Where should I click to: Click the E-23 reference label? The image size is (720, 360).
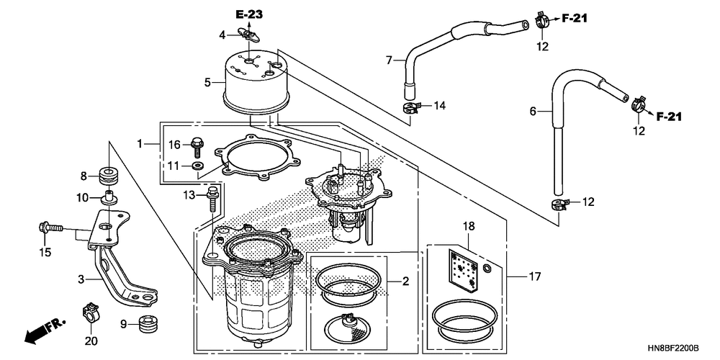(x=249, y=14)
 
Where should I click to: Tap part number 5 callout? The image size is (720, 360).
(x=207, y=83)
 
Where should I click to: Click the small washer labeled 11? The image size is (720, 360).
(x=199, y=165)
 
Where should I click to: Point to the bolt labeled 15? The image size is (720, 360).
(x=50, y=228)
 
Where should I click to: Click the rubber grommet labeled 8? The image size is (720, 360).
(x=109, y=176)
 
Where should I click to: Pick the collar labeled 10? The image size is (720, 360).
(x=109, y=197)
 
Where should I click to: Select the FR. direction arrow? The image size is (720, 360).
(x=45, y=329)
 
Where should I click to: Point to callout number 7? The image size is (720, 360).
(x=389, y=60)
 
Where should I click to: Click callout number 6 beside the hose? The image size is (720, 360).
(x=533, y=111)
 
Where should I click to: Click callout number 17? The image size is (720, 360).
(x=535, y=277)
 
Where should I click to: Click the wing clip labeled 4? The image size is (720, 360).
(x=248, y=34)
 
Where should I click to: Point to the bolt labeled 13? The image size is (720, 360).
(x=213, y=199)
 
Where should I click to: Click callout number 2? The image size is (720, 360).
(x=405, y=281)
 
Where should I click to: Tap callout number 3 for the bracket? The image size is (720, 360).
(x=81, y=279)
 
